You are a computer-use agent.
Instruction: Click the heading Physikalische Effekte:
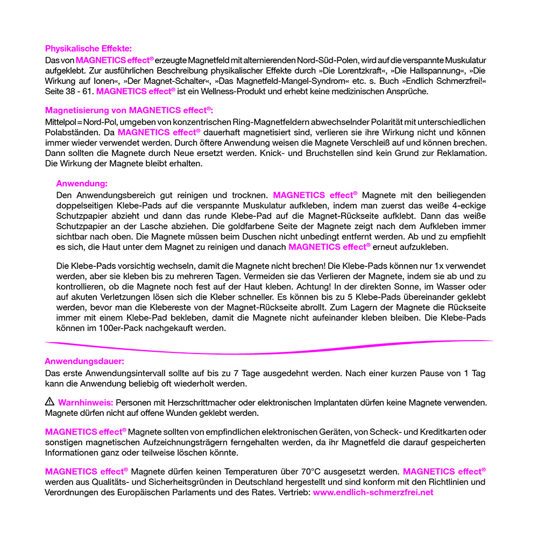(88, 48)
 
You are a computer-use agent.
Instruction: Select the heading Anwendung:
(82, 183)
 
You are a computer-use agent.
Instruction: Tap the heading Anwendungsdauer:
(84, 362)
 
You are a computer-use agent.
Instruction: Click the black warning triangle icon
(49, 401)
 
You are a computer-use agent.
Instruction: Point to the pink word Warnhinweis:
(86, 402)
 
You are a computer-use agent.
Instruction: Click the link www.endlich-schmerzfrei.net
(373, 492)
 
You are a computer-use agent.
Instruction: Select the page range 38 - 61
(80, 91)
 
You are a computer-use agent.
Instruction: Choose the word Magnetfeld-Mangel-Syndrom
(271, 81)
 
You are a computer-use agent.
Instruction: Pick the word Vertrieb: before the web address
(294, 492)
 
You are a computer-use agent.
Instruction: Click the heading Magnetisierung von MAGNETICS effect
(129, 110)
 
